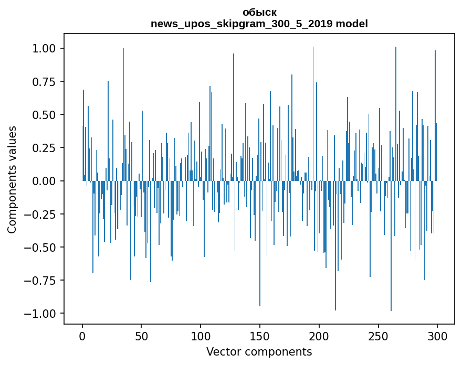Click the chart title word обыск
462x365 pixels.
point(259,13)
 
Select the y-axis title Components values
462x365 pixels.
point(12,179)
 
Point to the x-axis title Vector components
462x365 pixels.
point(259,352)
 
